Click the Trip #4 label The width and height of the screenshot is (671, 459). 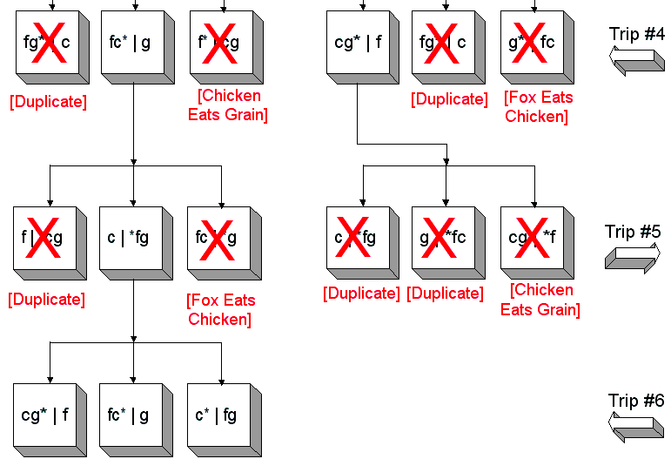pos(636,34)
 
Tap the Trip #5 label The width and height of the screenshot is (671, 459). pos(633,232)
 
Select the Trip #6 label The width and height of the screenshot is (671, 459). pos(636,401)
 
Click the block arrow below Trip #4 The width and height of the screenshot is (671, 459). pos(636,62)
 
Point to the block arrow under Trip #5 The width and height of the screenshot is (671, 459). pos(633,258)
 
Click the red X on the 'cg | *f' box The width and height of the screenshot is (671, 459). pos(530,237)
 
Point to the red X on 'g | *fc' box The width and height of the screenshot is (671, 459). pos(443,237)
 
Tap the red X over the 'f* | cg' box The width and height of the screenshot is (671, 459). pos(218,42)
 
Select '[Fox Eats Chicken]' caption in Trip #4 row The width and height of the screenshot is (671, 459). pos(537,107)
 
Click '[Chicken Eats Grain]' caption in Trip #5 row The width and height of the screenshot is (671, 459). pos(540,300)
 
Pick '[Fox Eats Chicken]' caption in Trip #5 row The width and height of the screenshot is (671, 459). pos(220,310)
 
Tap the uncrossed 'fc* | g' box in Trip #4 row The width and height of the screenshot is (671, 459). pos(130,42)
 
